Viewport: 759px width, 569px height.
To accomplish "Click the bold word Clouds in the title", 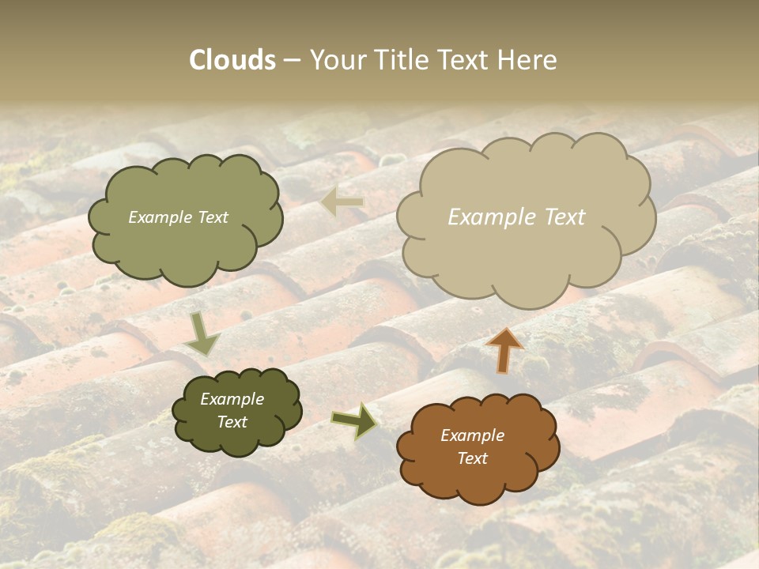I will click(232, 60).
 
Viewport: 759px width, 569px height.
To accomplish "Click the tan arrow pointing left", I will click(342, 203).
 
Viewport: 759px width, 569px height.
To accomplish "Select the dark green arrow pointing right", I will click(354, 420).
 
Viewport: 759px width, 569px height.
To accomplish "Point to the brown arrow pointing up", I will click(504, 350).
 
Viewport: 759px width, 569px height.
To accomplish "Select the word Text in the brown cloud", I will click(472, 458).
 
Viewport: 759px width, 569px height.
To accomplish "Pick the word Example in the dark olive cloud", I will click(232, 399).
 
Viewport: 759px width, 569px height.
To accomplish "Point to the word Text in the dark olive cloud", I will click(232, 422).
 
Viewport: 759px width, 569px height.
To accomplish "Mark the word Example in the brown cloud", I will click(472, 435).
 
